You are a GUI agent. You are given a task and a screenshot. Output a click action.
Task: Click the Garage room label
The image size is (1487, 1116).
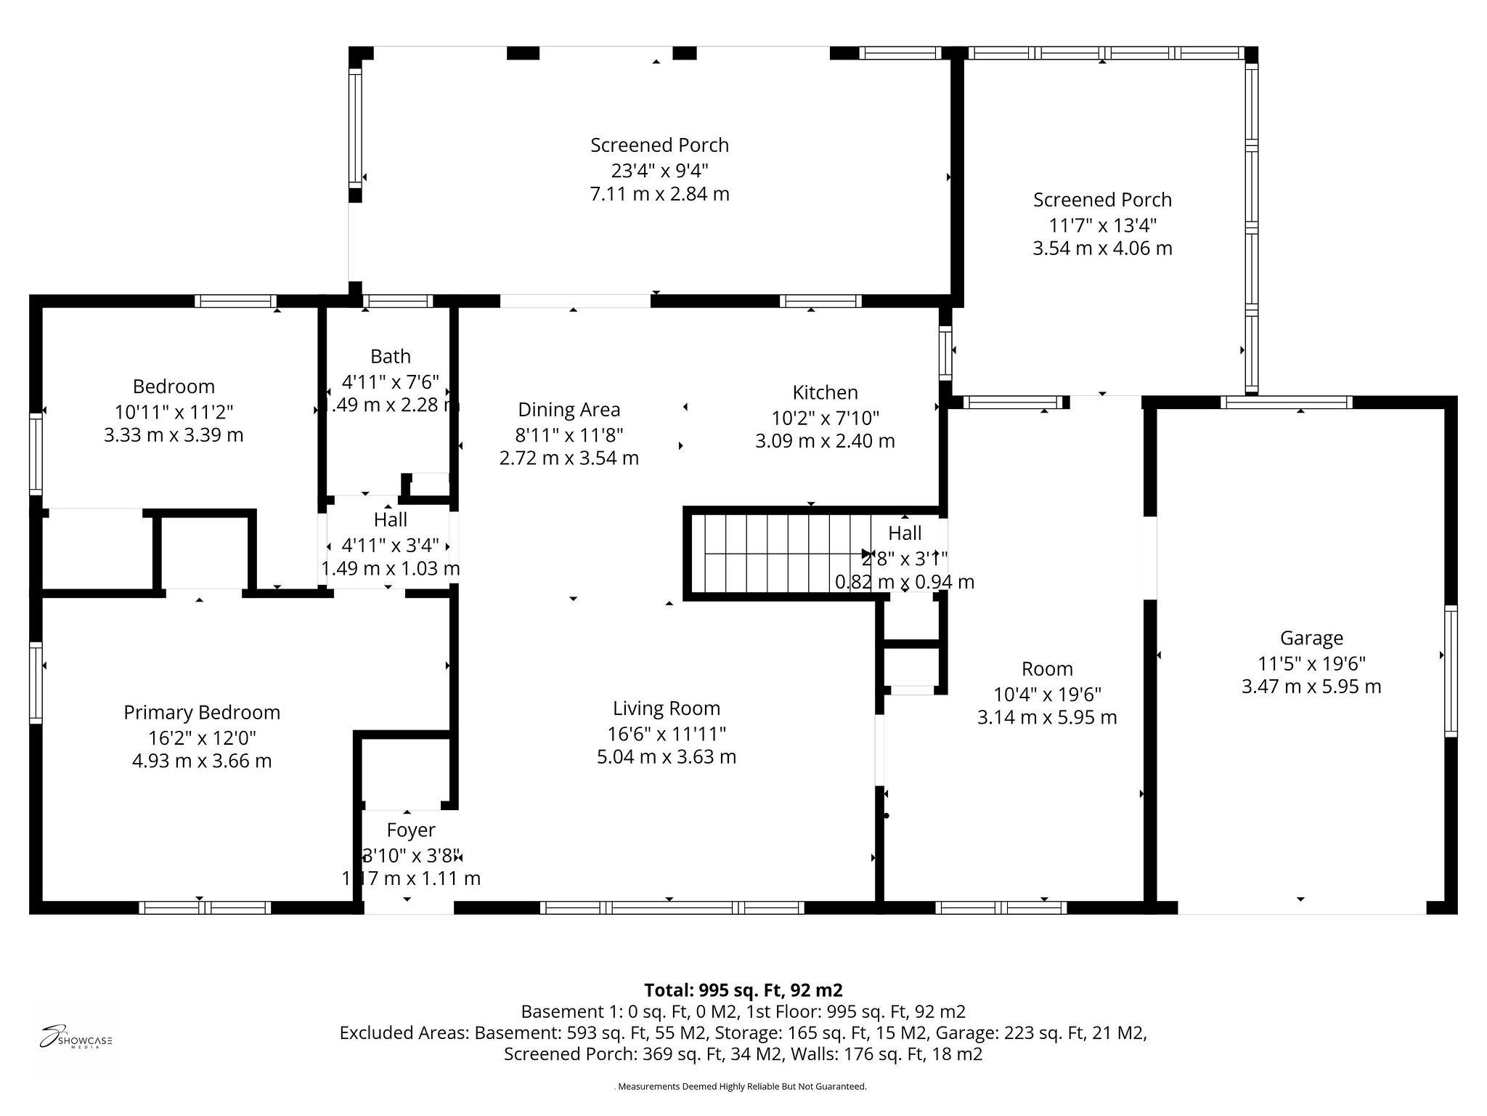(1311, 638)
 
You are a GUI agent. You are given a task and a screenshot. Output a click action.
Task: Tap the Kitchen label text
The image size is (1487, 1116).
(825, 392)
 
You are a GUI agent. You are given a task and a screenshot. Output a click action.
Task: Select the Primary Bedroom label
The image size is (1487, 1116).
(202, 712)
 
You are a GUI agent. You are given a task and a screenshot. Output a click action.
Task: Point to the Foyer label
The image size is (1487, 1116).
(411, 830)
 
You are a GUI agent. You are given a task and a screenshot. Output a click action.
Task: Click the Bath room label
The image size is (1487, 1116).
(391, 356)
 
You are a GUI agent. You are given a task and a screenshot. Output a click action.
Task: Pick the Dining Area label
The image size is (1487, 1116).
(569, 410)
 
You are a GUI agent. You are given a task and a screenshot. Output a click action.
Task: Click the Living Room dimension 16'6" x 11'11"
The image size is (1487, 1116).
(667, 733)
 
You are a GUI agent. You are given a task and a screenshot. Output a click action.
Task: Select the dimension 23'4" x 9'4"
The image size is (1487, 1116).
(659, 170)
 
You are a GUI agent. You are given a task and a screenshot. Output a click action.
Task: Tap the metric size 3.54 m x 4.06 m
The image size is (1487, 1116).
(1102, 248)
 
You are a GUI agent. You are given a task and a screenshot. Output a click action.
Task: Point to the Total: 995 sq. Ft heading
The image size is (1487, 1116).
(743, 990)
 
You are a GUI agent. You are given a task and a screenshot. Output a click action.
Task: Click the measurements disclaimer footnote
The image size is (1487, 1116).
(741, 1087)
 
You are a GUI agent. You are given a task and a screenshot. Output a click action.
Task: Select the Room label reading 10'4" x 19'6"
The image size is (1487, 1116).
(1047, 693)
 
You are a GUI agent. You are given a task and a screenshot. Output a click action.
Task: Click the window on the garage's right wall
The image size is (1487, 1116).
(1450, 671)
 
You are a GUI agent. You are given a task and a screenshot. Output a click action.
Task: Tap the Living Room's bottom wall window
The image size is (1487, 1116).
(672, 907)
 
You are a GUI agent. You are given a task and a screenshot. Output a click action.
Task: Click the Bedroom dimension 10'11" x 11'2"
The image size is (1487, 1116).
(174, 412)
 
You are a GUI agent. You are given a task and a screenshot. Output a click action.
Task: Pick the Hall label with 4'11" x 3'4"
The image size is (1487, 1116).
(391, 544)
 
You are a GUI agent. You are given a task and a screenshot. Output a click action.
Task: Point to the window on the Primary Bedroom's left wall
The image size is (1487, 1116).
(36, 683)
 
